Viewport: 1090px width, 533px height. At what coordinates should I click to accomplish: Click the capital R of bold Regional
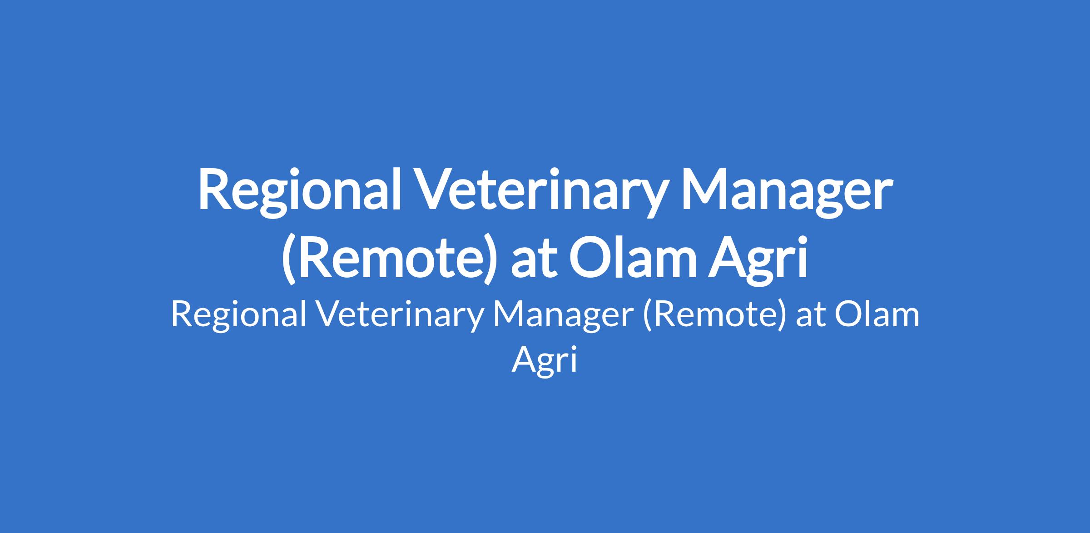pos(215,190)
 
